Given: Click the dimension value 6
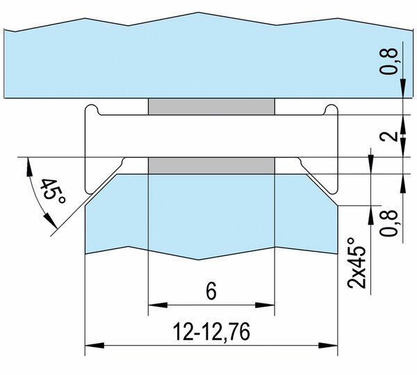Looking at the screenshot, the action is click(x=211, y=291).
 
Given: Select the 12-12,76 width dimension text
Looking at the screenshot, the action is click(x=211, y=332).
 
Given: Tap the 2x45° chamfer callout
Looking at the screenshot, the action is click(x=357, y=263).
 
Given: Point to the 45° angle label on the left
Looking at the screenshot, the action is click(x=53, y=191).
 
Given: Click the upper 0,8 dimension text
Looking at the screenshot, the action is click(x=389, y=62).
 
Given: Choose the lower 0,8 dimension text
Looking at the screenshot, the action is click(x=389, y=223).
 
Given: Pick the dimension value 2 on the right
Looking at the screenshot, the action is click(x=389, y=136).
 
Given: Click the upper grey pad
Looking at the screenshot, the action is click(x=211, y=106).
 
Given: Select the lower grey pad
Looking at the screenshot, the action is click(x=211, y=166).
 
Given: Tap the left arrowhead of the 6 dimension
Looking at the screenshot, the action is click(x=158, y=305).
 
